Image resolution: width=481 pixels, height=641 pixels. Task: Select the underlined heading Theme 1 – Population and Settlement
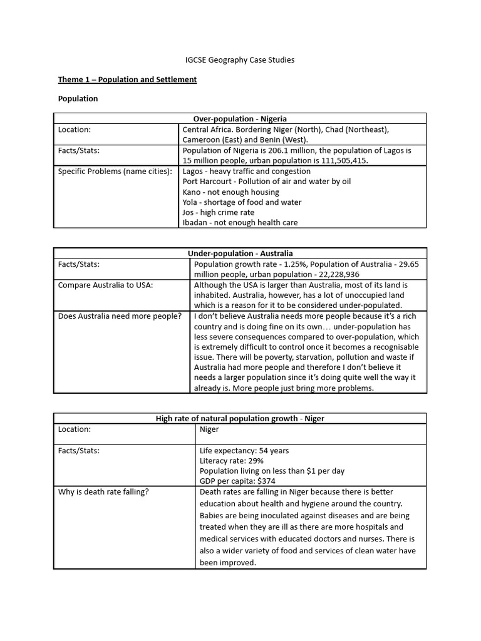127,79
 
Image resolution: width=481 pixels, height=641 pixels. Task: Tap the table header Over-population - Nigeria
240,118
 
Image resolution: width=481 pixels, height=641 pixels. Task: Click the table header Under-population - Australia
240,254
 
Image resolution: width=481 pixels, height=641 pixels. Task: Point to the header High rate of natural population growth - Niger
240,418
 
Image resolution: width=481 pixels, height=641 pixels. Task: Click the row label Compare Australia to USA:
105,285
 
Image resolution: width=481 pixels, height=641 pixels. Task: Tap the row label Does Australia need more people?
120,315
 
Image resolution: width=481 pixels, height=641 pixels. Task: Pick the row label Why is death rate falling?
103,491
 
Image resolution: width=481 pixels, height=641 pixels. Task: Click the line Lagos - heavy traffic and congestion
246,171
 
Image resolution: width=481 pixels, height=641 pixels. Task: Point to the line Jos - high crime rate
219,212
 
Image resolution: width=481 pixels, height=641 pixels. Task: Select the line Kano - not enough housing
230,192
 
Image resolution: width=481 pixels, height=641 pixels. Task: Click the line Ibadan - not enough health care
240,222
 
